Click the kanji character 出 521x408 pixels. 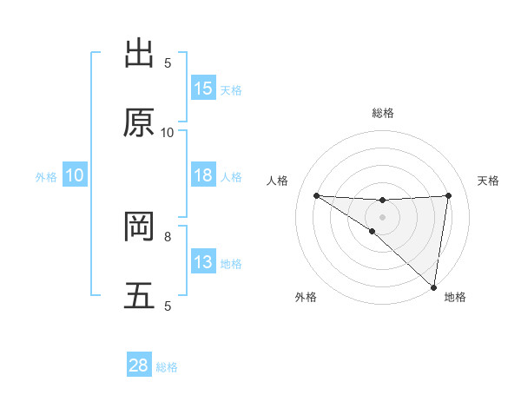139,54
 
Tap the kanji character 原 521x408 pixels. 139,123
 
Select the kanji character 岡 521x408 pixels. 139,227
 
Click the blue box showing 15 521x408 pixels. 203,89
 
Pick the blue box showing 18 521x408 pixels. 203,175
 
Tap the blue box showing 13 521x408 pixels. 203,262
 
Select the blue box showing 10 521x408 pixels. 75,175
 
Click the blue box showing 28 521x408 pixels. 139,365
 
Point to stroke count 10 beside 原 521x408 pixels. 168,132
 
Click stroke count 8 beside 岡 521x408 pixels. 168,236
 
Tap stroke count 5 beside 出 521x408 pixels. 168,63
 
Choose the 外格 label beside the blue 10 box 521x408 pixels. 46,176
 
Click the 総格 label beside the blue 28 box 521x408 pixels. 167,367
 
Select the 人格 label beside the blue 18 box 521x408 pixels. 231,176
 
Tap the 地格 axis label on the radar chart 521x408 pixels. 455,298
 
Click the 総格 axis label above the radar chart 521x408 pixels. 383,113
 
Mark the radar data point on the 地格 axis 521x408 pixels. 434,287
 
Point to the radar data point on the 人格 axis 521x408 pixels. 317,195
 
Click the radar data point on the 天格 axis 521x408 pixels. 448,195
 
